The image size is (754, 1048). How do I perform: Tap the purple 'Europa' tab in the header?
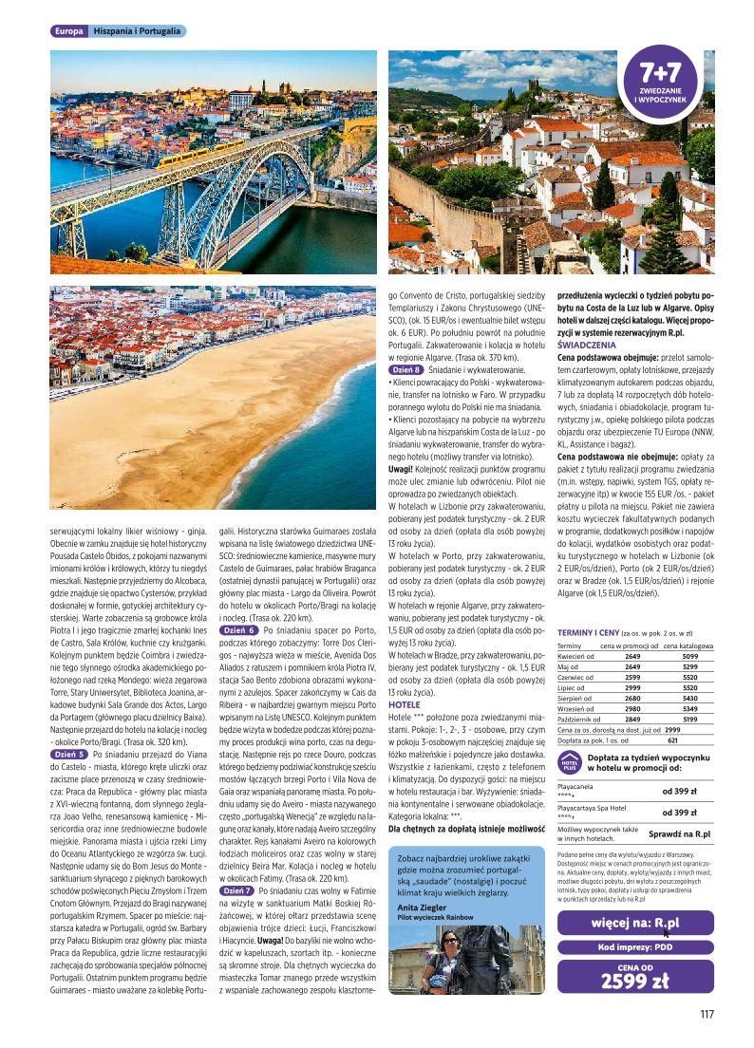(69, 31)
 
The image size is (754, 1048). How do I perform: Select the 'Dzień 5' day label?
(68, 753)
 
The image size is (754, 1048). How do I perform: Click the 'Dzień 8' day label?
(408, 367)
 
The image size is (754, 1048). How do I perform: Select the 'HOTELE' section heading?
(405, 705)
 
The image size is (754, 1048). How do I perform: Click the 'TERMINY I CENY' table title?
(589, 630)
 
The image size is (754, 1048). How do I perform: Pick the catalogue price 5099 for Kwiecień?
(689, 656)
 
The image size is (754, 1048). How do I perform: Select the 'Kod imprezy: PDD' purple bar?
(635, 946)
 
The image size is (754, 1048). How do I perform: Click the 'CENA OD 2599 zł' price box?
(635, 976)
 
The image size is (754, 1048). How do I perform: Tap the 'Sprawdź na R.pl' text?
(679, 833)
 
